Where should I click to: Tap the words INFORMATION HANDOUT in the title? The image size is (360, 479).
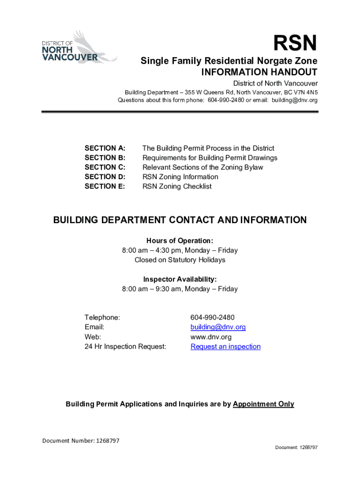point(259,73)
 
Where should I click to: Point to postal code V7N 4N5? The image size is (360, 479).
point(306,92)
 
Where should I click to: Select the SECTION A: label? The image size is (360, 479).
point(105,148)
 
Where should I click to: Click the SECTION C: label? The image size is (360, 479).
point(105,167)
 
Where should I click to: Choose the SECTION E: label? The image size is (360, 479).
point(105,186)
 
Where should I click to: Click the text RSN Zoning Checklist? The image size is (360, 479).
point(177,186)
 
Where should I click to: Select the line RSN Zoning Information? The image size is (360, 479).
point(180,177)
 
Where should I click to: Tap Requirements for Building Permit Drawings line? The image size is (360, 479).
point(209,158)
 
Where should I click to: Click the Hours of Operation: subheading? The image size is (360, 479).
point(180,241)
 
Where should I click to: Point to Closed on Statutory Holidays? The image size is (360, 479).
point(180,260)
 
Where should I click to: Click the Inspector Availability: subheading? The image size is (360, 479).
point(180,279)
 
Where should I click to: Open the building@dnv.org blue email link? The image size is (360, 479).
point(218,327)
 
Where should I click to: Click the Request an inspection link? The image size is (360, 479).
point(225,347)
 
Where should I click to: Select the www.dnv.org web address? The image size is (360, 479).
point(211,337)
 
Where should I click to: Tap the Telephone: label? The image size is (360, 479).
point(102,318)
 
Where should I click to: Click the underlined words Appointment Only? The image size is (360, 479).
point(263,404)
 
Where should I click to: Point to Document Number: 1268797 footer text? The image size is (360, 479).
point(81,441)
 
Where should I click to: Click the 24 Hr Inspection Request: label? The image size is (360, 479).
point(125,347)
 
